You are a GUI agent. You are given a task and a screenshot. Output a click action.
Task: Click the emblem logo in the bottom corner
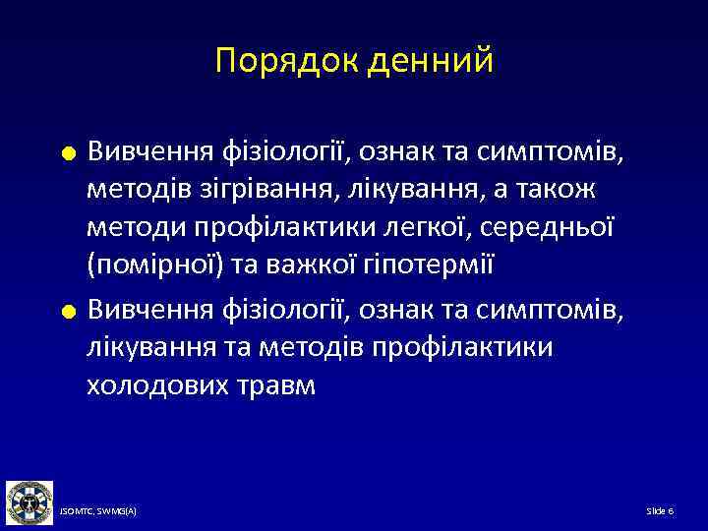pos(29,501)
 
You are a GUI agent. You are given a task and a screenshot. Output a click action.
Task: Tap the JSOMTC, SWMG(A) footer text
pos(97,511)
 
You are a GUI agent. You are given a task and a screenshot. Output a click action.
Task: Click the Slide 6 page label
pos(659,511)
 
